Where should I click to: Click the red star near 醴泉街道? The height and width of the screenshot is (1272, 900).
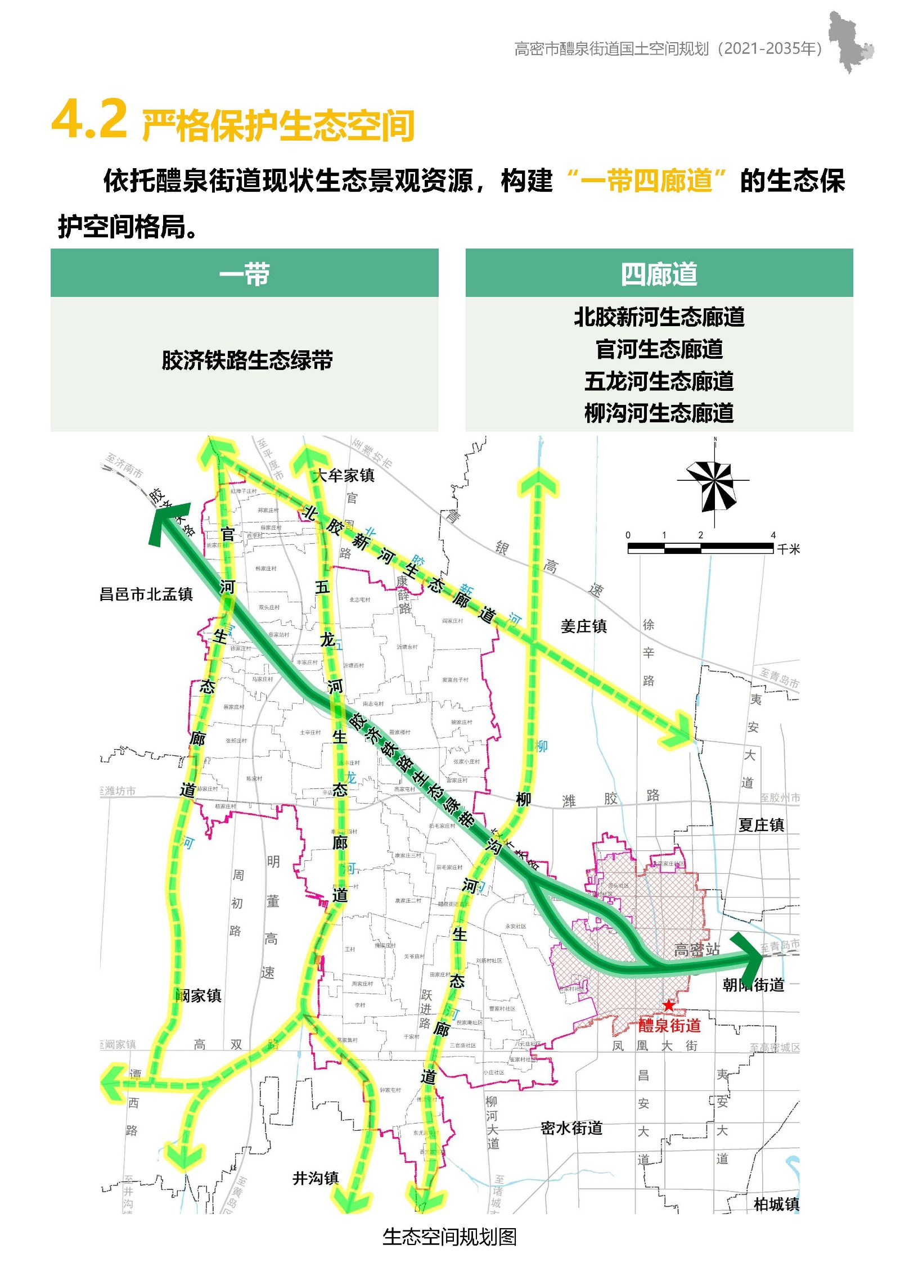coord(668,1005)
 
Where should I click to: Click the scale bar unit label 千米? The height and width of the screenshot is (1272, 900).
coord(788,549)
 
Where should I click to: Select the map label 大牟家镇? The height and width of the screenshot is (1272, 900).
coord(344,475)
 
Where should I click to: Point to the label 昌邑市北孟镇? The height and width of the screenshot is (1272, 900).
coord(146,594)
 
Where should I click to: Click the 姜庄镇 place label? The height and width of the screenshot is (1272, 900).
coord(583,626)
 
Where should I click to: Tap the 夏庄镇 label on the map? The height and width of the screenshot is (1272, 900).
coord(761,825)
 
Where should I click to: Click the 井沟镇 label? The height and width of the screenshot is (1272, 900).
coord(316,1178)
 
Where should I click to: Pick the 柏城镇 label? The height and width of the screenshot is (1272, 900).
coord(776,1204)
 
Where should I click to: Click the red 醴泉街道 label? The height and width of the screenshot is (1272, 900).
coord(669,1026)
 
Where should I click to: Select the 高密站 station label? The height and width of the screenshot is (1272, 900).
coord(697,950)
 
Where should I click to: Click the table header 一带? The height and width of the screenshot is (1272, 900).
coord(244,274)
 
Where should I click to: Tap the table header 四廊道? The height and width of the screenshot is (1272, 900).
coord(659,274)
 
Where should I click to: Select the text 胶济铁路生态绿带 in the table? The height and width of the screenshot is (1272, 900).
coord(247,360)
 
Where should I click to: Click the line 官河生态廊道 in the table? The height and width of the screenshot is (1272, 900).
coord(659,349)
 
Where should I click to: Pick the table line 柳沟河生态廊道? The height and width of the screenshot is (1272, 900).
coord(659,413)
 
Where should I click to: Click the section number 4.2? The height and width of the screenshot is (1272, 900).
coord(89,119)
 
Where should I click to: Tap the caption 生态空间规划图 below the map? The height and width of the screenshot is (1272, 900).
coord(449,1237)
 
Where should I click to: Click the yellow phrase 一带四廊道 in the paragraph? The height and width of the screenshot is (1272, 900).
coord(646,181)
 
